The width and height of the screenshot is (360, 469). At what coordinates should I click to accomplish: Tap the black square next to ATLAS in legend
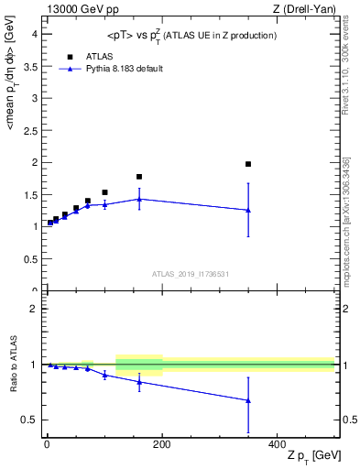point(69,56)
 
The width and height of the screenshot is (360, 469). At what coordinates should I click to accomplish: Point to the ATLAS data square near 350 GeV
point(248,164)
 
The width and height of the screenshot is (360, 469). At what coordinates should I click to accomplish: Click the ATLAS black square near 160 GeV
point(139,177)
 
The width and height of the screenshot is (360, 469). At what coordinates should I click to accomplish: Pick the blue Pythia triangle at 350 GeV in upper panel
point(248,210)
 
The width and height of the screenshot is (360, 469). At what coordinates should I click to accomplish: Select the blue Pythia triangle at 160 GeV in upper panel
point(139,199)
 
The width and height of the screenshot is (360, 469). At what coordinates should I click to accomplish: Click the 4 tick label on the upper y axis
point(33,34)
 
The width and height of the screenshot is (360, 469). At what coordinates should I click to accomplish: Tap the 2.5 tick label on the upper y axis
point(29,130)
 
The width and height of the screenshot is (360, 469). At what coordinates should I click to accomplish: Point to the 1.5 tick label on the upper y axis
point(29,195)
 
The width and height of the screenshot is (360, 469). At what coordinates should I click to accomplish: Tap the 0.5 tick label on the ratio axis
point(29,420)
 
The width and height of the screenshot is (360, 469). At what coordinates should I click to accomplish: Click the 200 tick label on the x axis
point(162,443)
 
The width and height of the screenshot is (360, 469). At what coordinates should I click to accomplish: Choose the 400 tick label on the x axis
point(277,443)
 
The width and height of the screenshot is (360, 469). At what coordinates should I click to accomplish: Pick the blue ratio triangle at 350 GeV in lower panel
point(248,400)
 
